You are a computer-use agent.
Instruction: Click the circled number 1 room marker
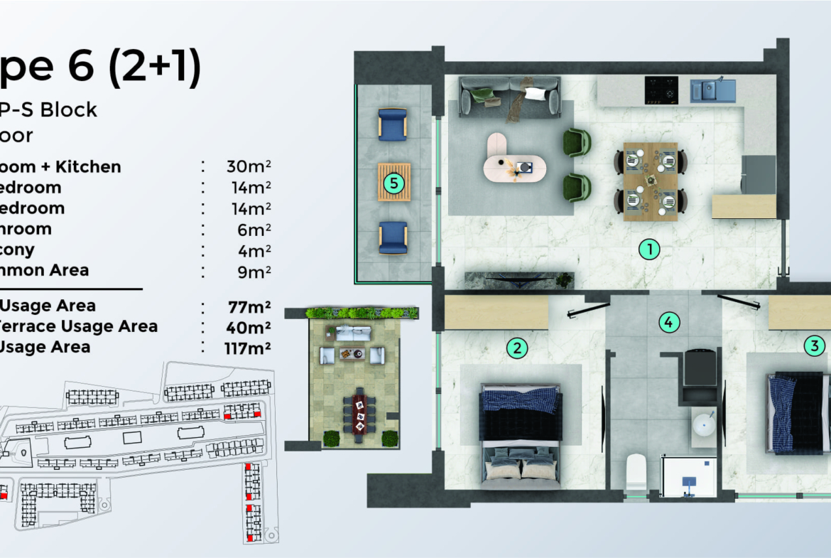point(649,249)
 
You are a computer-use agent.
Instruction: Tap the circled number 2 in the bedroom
point(517,348)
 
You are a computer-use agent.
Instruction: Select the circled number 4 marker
point(668,322)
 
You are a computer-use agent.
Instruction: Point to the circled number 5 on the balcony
point(393,183)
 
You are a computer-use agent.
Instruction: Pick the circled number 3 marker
point(814,346)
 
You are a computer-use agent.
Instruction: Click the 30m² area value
point(249,167)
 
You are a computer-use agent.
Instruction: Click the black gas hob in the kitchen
point(661,90)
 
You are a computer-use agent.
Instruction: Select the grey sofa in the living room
point(510,96)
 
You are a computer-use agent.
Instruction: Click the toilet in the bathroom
point(636,472)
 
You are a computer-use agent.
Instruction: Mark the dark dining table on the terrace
point(359,415)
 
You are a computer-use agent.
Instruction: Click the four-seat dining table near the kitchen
point(650,181)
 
